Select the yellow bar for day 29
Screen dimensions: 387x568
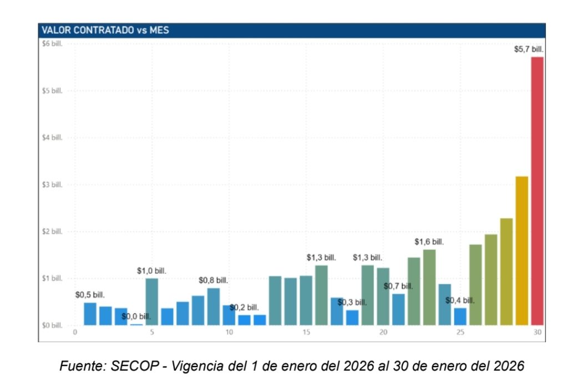click(x=521, y=250)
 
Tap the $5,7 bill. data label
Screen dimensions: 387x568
click(x=529, y=49)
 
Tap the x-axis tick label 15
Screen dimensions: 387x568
click(x=306, y=333)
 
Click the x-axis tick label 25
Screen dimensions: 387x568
click(x=460, y=333)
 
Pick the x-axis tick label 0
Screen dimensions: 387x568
click(x=75, y=333)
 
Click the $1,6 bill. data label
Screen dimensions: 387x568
click(x=429, y=242)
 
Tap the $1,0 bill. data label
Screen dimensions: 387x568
click(x=151, y=271)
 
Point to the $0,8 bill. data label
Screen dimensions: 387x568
click(x=213, y=280)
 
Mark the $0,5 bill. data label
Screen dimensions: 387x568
click(x=90, y=295)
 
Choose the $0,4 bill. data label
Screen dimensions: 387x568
click(x=460, y=300)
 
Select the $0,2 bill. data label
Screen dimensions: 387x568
click(x=244, y=308)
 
